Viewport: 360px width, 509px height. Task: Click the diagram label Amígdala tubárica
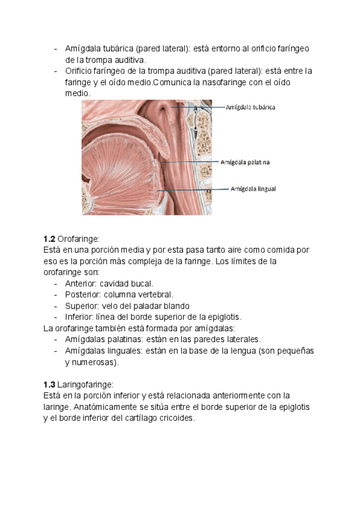[250, 107]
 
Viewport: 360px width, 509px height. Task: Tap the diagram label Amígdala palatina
[245, 162]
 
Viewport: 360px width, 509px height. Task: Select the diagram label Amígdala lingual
[253, 188]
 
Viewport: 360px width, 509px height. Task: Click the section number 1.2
[49, 238]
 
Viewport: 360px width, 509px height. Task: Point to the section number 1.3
[49, 384]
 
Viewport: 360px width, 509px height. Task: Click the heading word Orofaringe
[78, 238]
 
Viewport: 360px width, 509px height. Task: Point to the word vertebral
[155, 295]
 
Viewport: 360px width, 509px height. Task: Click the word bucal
[143, 283]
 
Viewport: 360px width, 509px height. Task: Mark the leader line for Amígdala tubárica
[198, 107]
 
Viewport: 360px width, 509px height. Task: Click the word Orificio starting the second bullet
[82, 71]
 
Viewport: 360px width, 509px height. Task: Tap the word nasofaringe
[203, 82]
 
